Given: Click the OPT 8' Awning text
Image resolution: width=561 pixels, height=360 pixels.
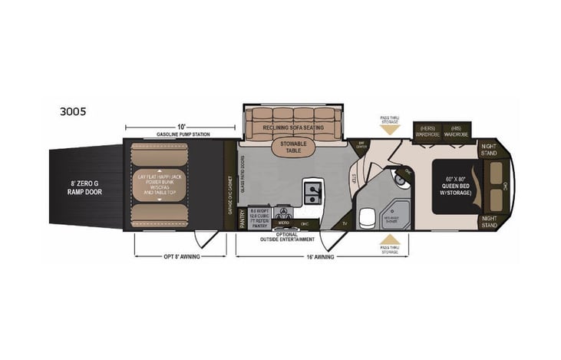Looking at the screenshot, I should (x=179, y=256).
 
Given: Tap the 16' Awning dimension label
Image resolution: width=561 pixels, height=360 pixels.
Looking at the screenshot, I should (x=322, y=256).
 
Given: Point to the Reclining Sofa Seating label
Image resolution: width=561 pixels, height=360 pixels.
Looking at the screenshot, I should (x=292, y=127).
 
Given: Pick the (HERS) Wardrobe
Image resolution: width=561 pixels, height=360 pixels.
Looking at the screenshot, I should (x=428, y=131).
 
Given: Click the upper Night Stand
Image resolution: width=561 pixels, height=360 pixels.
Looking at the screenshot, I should (x=488, y=150).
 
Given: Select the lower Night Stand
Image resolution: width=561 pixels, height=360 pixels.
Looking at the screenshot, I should (x=488, y=221).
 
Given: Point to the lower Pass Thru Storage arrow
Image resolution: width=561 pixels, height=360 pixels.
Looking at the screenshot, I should (x=391, y=241).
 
